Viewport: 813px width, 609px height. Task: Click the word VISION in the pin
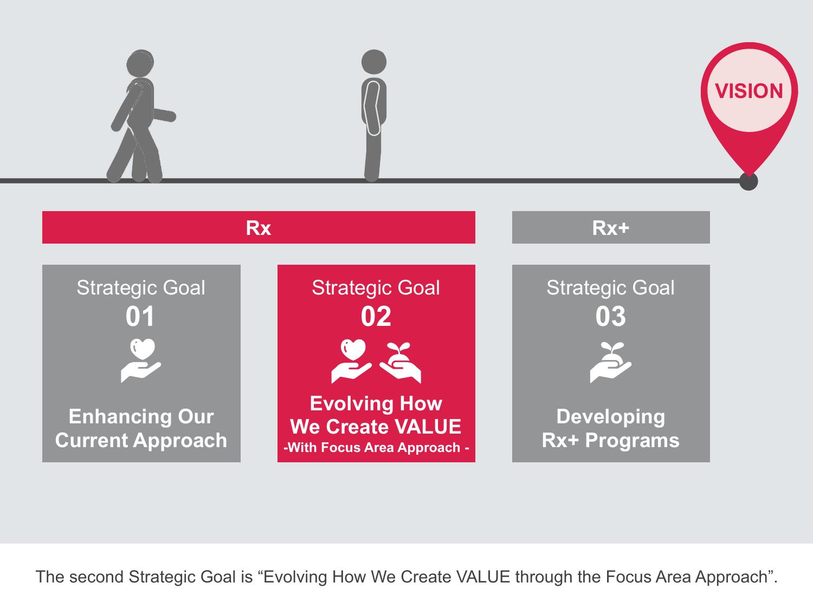[749, 91]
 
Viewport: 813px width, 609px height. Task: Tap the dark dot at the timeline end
[748, 181]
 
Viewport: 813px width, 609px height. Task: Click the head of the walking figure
[140, 63]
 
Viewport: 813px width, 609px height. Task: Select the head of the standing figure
[374, 62]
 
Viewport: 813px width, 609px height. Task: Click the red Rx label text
[259, 228]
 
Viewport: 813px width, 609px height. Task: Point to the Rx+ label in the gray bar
[611, 228]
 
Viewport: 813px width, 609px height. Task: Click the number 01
[140, 317]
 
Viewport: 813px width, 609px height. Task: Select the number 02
[376, 317]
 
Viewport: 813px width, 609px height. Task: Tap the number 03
[611, 317]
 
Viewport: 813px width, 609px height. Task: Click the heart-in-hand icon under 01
[141, 360]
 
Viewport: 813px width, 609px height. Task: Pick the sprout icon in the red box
[400, 362]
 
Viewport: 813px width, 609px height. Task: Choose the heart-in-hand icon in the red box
[352, 361]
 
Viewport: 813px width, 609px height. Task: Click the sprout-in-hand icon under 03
[611, 362]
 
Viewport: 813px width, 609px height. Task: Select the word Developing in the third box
[611, 417]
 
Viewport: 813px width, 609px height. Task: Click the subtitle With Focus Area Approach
[376, 448]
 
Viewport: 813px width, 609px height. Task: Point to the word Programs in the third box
[633, 441]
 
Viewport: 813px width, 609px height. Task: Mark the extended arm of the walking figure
[164, 115]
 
